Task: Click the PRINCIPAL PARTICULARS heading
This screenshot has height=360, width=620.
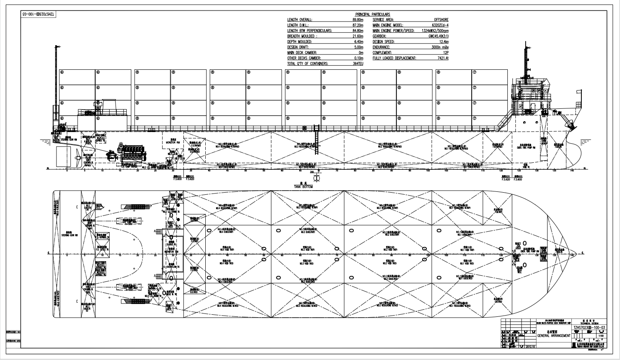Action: click(372, 15)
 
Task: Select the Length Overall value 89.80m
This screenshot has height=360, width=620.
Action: click(358, 20)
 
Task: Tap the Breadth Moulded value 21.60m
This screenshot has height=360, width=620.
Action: click(358, 36)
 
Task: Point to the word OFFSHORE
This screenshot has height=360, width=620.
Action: click(441, 20)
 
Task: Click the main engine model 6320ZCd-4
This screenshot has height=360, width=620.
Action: click(440, 25)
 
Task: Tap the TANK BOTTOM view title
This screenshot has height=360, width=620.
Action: click(303, 187)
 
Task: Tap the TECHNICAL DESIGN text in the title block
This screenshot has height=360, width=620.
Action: click(589, 323)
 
